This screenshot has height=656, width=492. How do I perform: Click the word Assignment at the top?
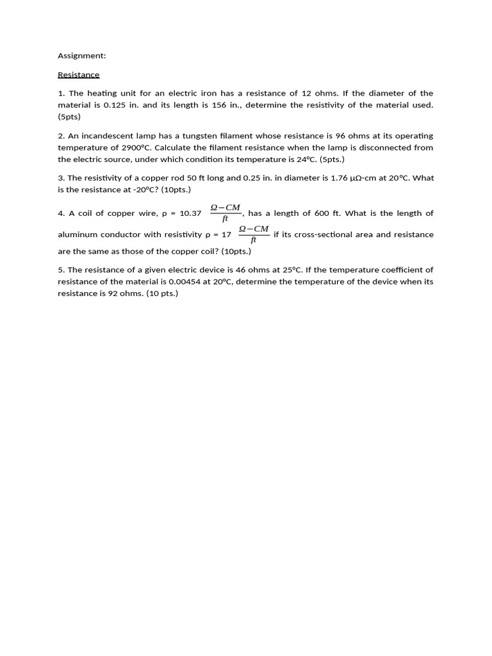(81, 56)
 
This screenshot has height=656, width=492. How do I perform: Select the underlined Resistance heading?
(78, 74)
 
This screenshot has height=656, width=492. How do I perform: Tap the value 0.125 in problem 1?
(115, 105)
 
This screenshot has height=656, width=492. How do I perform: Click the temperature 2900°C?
(137, 147)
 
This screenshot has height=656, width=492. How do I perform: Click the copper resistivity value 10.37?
(190, 213)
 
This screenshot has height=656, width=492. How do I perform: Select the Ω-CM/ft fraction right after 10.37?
(225, 213)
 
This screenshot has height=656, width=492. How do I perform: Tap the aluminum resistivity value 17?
(226, 234)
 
